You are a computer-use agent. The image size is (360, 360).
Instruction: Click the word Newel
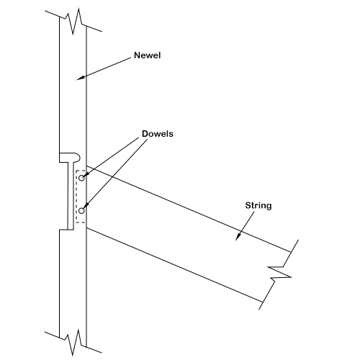147,55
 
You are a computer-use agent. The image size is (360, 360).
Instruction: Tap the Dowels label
158,134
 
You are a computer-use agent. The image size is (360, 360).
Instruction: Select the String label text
258,206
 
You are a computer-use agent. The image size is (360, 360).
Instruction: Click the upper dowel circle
82,178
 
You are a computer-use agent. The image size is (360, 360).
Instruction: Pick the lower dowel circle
82,210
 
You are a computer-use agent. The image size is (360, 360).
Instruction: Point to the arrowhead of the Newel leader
80,78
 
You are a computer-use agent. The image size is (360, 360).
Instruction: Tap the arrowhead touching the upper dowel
87,174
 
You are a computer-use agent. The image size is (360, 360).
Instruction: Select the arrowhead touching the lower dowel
86,206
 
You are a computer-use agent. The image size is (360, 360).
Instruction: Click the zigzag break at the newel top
73,22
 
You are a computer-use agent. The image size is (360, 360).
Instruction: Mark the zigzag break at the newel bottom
73,342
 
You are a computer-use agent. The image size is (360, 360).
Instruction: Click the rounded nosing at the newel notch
70,157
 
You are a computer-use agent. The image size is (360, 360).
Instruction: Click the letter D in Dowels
145,134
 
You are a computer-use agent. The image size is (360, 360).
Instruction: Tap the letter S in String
248,205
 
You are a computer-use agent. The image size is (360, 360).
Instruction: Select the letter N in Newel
137,55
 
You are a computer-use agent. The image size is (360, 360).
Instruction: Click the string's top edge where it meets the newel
86,166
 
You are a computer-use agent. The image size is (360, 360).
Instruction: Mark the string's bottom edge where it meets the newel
86,228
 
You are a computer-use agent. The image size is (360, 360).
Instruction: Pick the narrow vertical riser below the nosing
71,196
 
